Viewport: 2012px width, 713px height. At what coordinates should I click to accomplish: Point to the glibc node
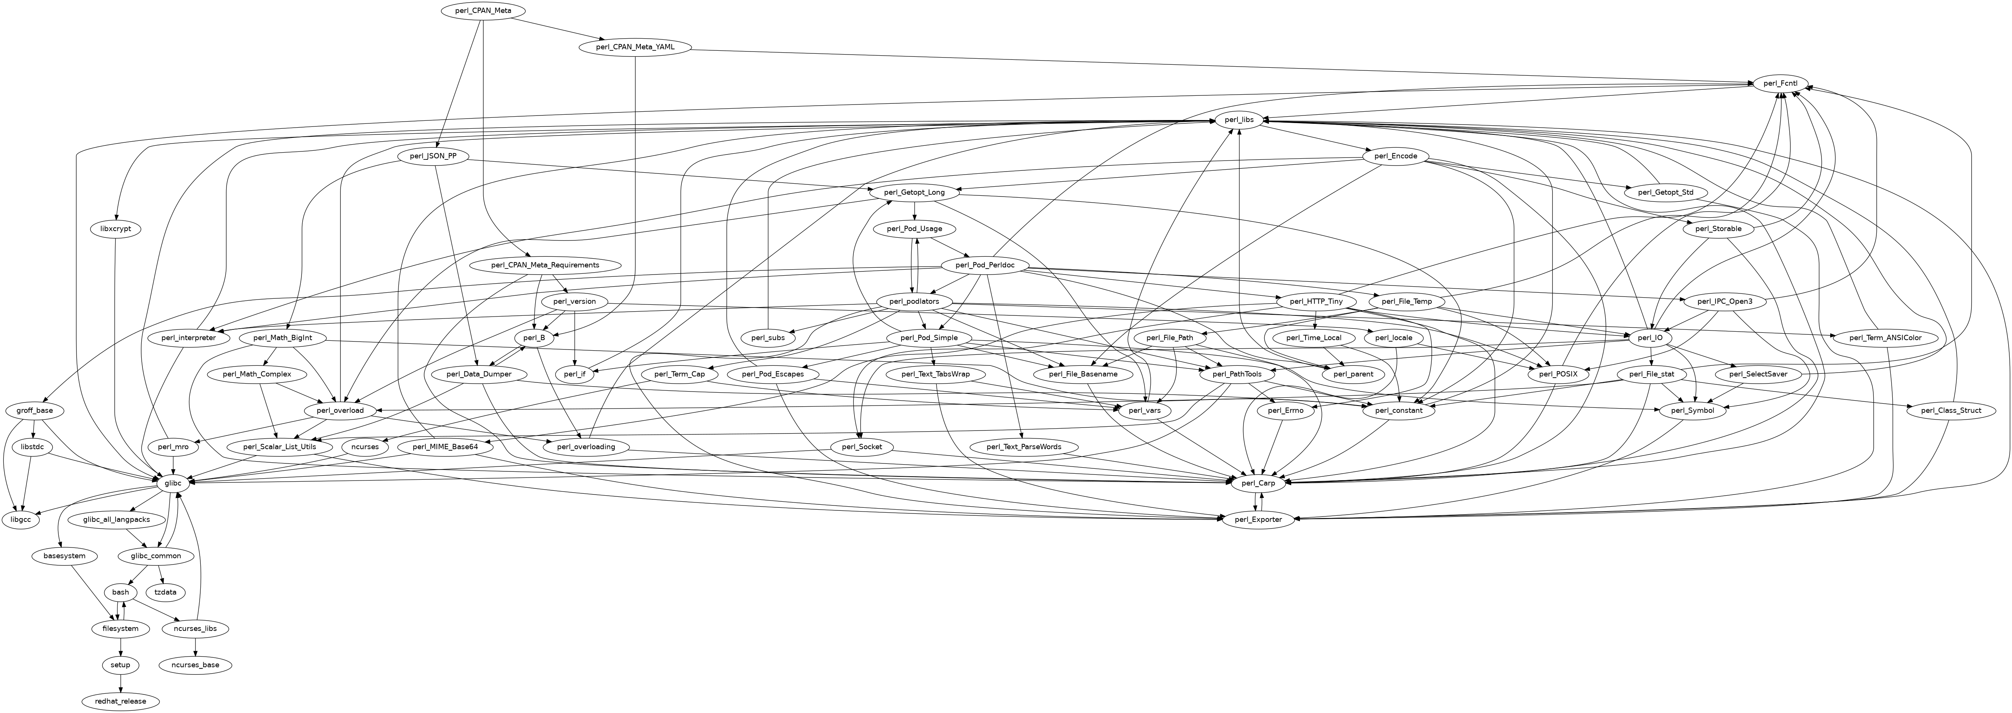pyautogui.click(x=173, y=484)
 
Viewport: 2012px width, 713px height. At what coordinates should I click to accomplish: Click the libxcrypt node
pyautogui.click(x=116, y=229)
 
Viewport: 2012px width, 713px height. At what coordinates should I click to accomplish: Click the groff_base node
pyautogui.click(x=34, y=411)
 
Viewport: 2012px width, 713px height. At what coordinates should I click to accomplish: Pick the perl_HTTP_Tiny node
pyautogui.click(x=1316, y=301)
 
